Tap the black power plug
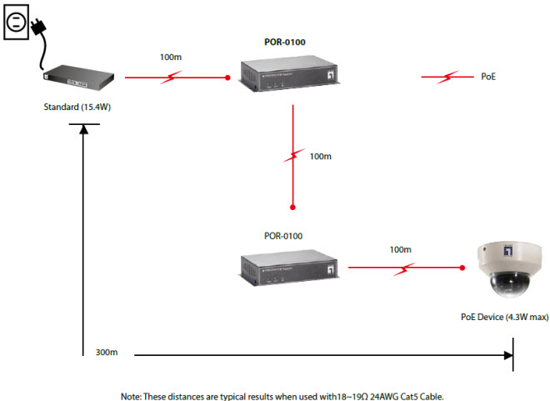[x=37, y=29]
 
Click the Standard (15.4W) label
[x=77, y=108]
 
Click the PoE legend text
[x=488, y=77]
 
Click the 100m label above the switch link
[x=170, y=58]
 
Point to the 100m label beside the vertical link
[x=320, y=156]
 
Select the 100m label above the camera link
[x=400, y=249]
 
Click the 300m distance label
[x=107, y=353]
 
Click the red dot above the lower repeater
[x=293, y=206]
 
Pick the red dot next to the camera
[x=462, y=268]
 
